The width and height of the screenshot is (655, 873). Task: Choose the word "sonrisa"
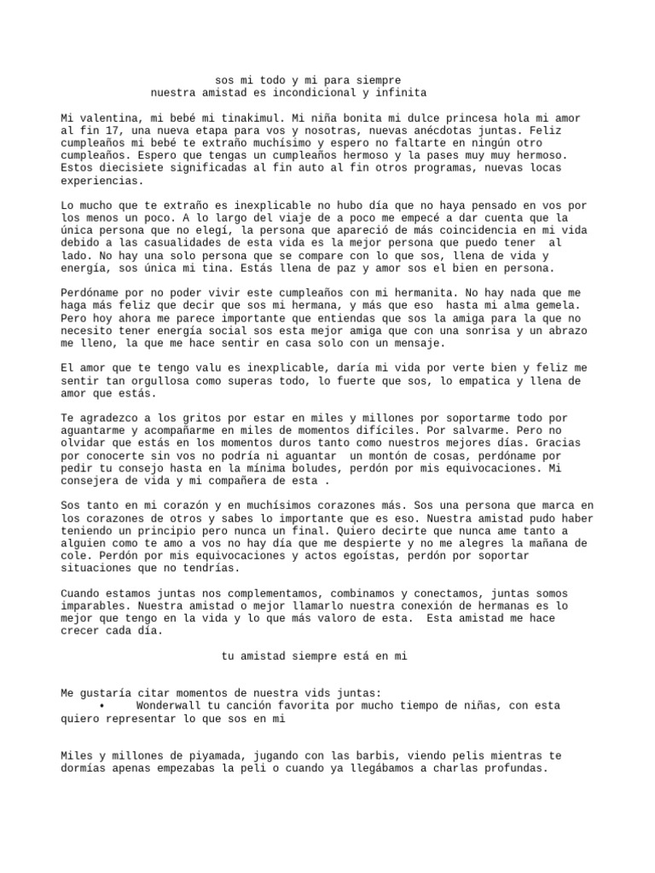click(x=461, y=331)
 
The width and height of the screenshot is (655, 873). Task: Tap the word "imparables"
click(x=93, y=606)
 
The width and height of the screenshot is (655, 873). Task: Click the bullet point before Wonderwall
click(x=101, y=707)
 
